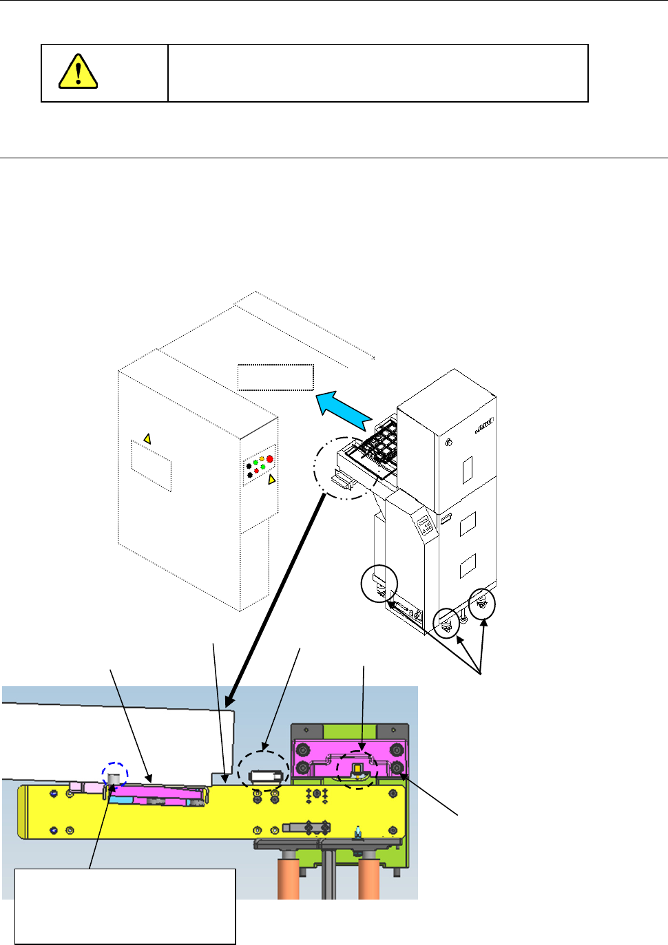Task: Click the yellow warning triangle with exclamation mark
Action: point(78,72)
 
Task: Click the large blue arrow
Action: point(344,409)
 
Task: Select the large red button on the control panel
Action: point(269,458)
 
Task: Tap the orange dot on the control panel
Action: point(262,459)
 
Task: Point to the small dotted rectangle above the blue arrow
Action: point(275,377)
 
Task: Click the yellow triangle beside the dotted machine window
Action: point(146,438)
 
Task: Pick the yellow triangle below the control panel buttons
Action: point(271,479)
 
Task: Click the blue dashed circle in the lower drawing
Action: point(115,774)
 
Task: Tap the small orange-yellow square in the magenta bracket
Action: point(357,769)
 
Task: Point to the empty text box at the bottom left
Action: point(125,906)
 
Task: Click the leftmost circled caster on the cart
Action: point(379,584)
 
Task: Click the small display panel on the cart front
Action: point(426,526)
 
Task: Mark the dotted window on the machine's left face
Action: point(151,465)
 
